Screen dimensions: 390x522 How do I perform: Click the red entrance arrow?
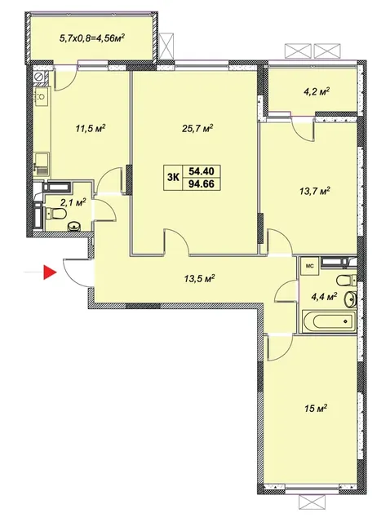[x=50, y=272]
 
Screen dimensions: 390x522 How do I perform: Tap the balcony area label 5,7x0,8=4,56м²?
[x=92, y=37]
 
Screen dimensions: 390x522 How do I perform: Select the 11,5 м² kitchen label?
[x=90, y=128]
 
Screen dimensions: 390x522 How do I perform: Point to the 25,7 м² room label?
[x=197, y=128]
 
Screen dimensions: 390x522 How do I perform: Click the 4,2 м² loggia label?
[x=316, y=91]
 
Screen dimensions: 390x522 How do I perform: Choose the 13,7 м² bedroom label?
[x=314, y=191]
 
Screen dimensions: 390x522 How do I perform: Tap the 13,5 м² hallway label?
[x=198, y=278]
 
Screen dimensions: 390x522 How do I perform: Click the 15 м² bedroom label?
[x=315, y=408]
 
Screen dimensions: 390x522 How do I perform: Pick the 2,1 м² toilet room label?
[x=73, y=201]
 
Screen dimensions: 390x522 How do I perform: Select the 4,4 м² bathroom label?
[x=325, y=296]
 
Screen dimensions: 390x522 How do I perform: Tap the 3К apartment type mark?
[x=173, y=178]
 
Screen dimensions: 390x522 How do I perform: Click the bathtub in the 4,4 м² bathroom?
[x=329, y=321]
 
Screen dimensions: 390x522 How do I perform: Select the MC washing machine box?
[x=309, y=267]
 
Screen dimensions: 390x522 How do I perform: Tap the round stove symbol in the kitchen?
[x=39, y=77]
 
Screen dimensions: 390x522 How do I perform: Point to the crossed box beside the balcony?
[x=166, y=46]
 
